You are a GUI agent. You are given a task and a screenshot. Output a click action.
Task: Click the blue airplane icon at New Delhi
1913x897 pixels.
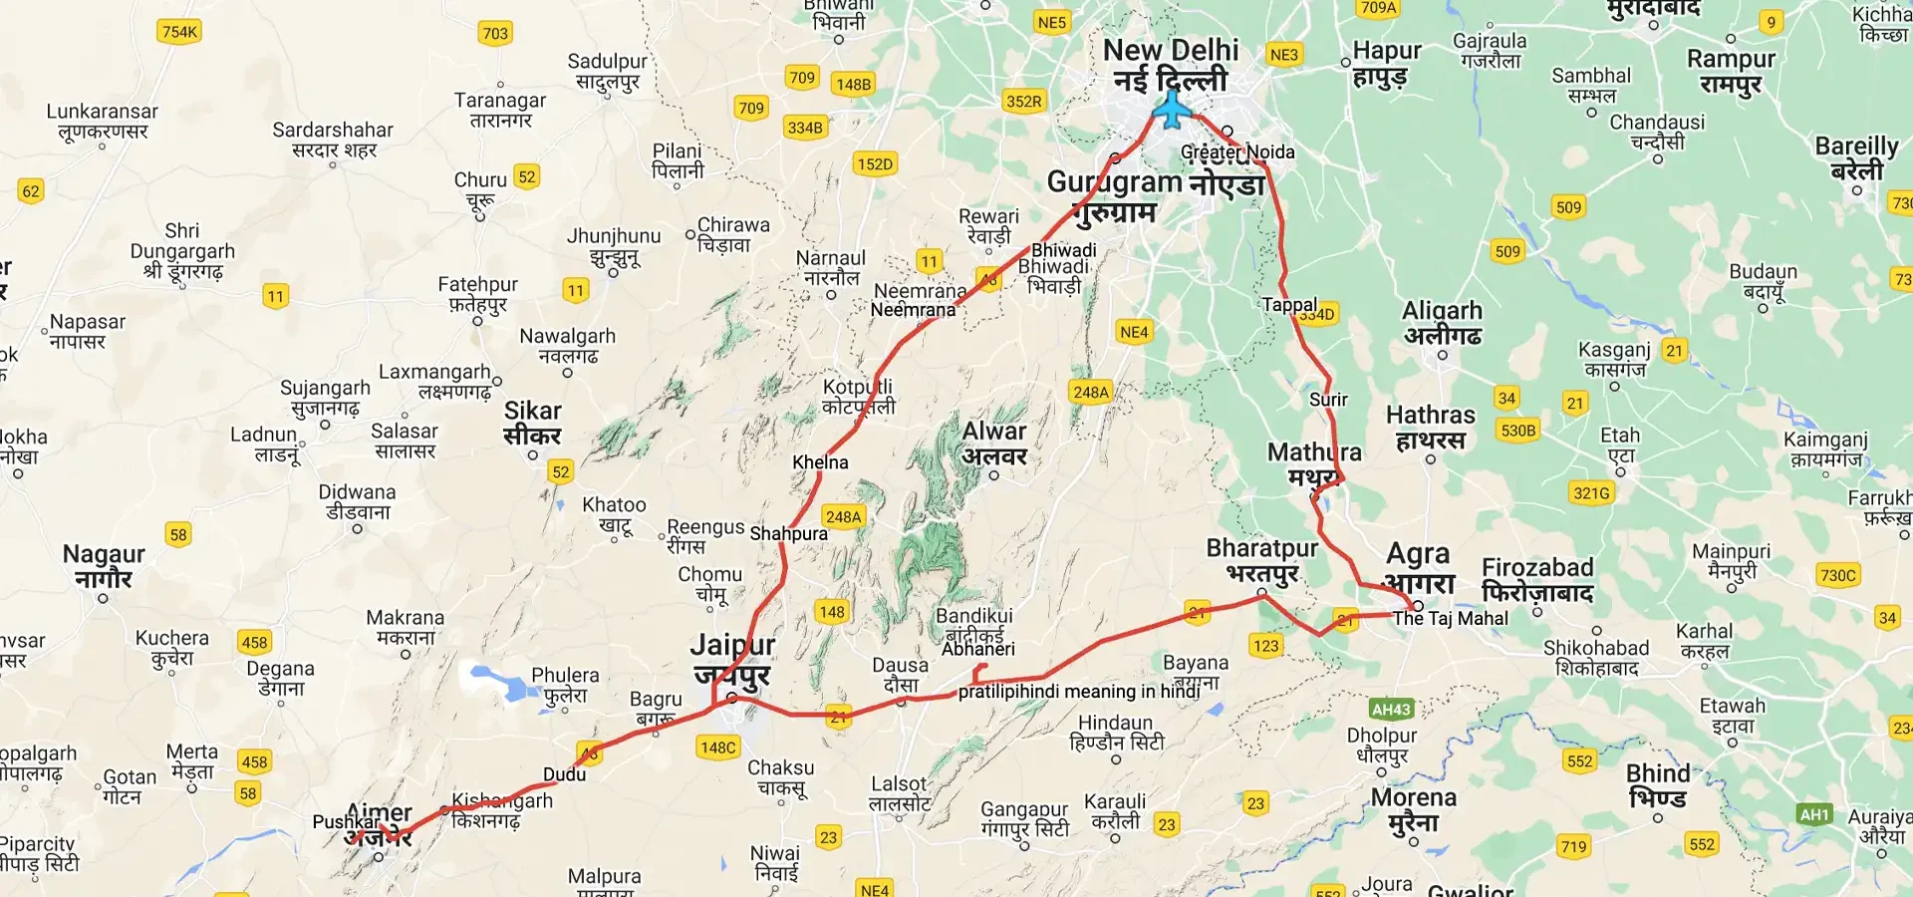[x=1173, y=110]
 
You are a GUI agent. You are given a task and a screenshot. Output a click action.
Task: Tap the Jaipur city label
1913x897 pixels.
[x=732, y=660]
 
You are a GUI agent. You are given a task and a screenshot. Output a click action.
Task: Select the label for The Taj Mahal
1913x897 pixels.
[x=1450, y=619]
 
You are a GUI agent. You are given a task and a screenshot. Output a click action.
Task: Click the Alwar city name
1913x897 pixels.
[x=993, y=444]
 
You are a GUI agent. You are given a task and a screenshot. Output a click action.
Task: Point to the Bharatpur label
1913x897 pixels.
[x=1261, y=561]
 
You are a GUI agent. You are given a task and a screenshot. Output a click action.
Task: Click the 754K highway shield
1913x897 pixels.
[x=179, y=32]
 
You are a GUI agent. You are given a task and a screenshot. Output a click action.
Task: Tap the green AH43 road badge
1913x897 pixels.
[x=1391, y=710]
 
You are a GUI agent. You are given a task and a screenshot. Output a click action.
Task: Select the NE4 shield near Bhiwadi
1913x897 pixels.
[x=1134, y=332]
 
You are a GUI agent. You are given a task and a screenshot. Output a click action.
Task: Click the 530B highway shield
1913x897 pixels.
[x=1517, y=431]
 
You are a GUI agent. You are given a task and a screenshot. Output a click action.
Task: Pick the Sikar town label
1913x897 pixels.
[x=532, y=423]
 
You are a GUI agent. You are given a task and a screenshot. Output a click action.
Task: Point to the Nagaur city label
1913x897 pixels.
[x=104, y=565]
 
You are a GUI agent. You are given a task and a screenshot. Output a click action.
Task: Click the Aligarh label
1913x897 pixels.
[x=1442, y=323]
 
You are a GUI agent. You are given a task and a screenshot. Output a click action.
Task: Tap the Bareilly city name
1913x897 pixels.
[x=1856, y=158]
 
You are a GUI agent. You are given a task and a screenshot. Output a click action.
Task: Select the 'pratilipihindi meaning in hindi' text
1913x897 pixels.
[x=1078, y=692]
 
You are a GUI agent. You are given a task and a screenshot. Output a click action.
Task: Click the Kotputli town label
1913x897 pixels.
[x=858, y=396]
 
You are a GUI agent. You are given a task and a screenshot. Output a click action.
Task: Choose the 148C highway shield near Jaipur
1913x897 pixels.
[x=717, y=747]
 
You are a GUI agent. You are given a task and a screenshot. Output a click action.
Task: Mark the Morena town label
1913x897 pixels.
[x=1413, y=809]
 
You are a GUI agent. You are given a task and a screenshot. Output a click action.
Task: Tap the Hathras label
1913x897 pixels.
[x=1430, y=427]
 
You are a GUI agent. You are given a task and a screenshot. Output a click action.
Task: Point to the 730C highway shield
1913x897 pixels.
[x=1837, y=575]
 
